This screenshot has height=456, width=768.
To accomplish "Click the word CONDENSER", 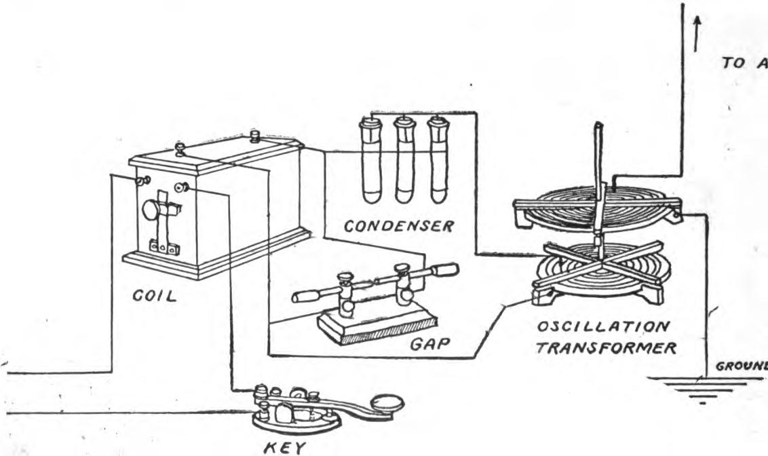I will pyautogui.click(x=398, y=227).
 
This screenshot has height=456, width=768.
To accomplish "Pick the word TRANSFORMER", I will pyautogui.click(x=606, y=349).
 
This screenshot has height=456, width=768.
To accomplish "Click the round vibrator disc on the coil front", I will pyautogui.click(x=151, y=210).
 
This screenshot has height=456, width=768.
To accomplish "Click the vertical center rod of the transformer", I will pyautogui.click(x=598, y=176).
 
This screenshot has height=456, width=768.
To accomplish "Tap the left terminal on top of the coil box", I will pyautogui.click(x=180, y=147).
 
